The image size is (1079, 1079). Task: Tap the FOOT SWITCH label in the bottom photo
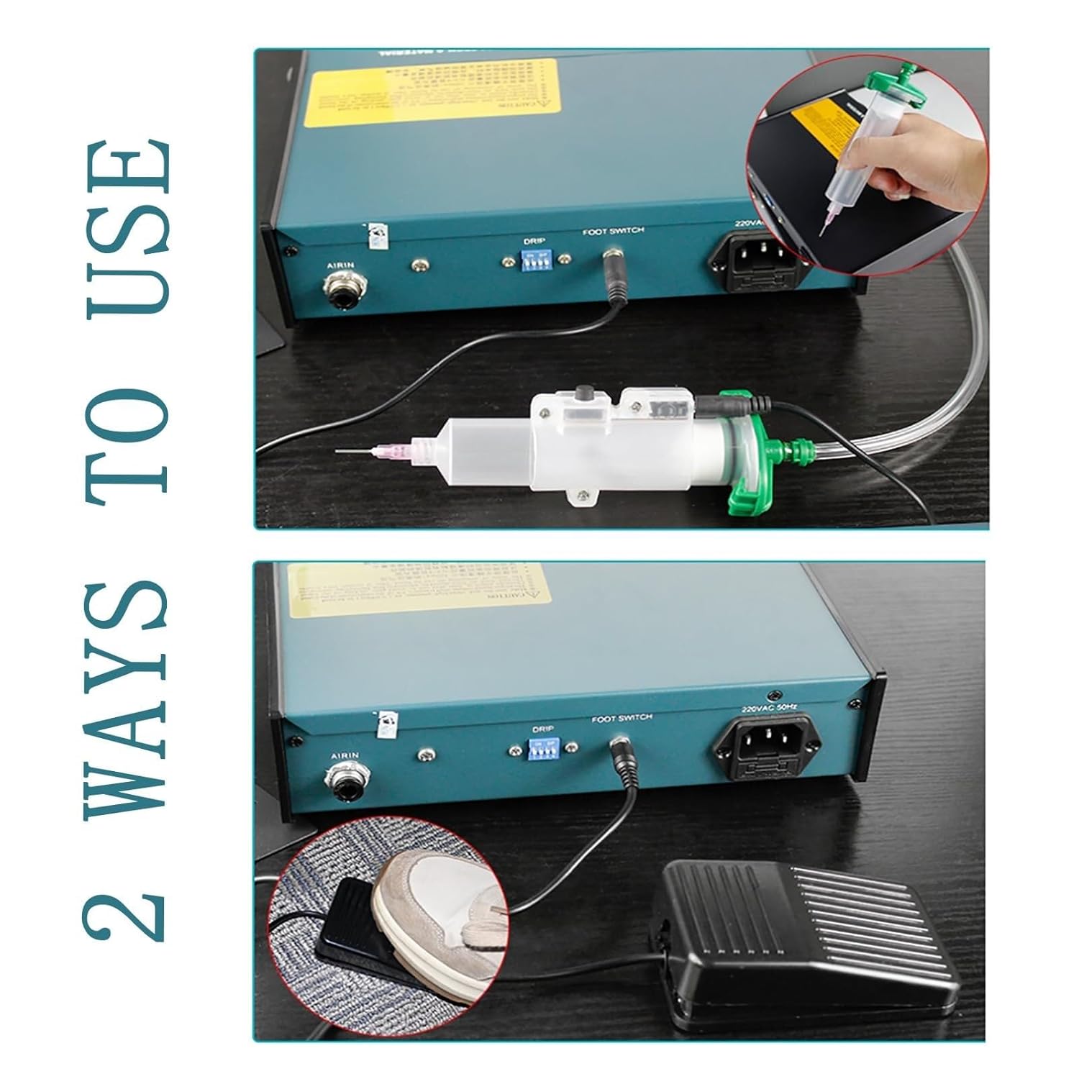tap(622, 719)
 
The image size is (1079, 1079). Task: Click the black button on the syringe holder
tap(582, 395)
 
